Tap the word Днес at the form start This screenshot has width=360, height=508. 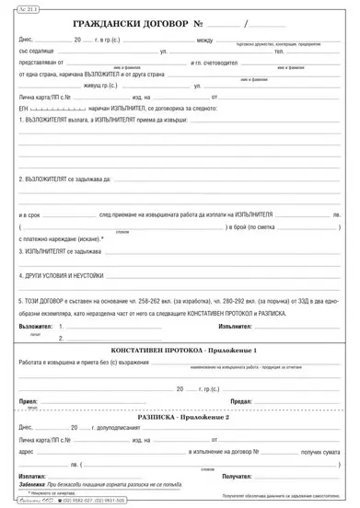pos(27,41)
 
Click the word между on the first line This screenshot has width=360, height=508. pos(205,41)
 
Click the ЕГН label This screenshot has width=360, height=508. pos(26,109)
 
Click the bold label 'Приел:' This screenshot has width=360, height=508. pos(28,401)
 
